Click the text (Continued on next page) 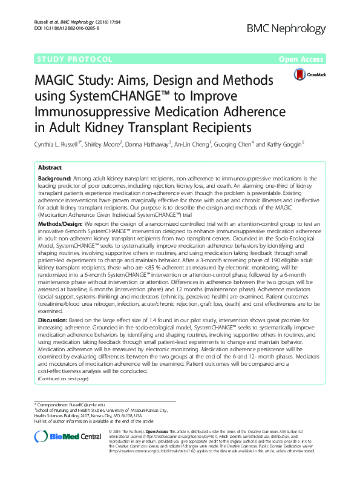63,379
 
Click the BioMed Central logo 66,438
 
